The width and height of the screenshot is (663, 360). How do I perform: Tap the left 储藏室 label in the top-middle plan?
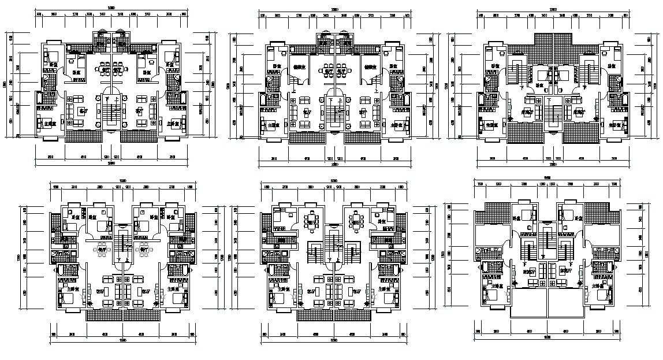click(x=299, y=67)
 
